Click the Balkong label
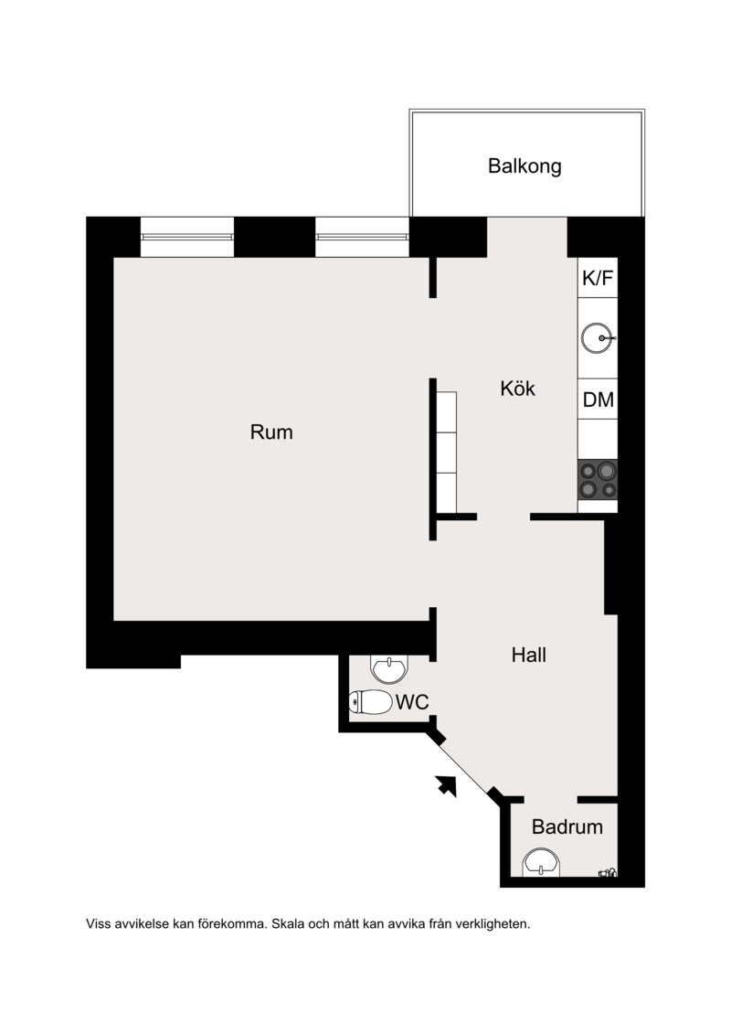tap(524, 166)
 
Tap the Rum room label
tap(270, 432)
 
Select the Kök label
tap(517, 389)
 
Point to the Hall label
tap(529, 655)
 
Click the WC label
tap(412, 701)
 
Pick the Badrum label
tap(567, 827)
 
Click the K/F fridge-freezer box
tap(598, 278)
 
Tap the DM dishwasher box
tap(598, 399)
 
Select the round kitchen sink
tap(598, 338)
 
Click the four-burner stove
tap(598, 479)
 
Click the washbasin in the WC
tap(390, 668)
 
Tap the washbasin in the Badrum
tap(541, 863)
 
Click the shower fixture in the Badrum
tap(608, 872)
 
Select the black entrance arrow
tap(447, 785)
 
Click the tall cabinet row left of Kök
tap(446, 453)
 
